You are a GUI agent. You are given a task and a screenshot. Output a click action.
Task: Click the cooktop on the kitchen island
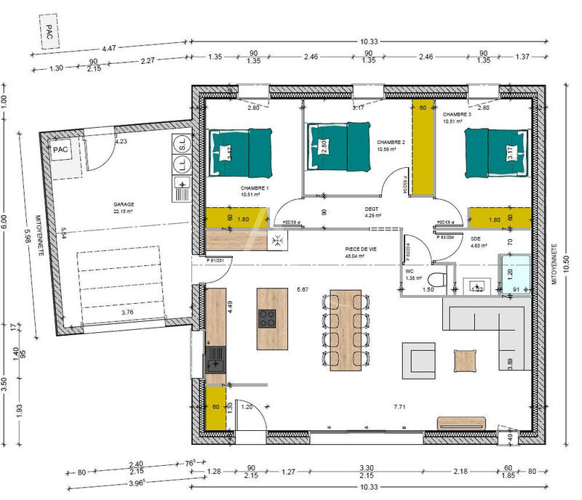pyautogui.click(x=267, y=318)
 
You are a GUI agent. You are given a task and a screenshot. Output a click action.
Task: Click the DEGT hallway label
pyautogui.click(x=372, y=209)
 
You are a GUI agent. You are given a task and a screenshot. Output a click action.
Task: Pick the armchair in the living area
pyautogui.click(x=420, y=360)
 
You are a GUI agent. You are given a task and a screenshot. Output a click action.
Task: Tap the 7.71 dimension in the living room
pyautogui.click(x=399, y=406)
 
